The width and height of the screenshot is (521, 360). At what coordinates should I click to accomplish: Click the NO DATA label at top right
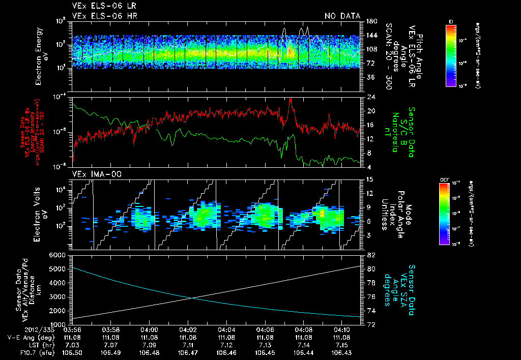342,16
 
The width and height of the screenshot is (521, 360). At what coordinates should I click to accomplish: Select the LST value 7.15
342,345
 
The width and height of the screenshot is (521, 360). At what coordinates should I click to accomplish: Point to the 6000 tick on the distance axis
58,255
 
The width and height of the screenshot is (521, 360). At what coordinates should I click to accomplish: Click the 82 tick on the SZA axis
371,255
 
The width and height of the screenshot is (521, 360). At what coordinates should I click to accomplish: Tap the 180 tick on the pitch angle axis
371,21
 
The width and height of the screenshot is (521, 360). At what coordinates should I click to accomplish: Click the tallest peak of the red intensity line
291,99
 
